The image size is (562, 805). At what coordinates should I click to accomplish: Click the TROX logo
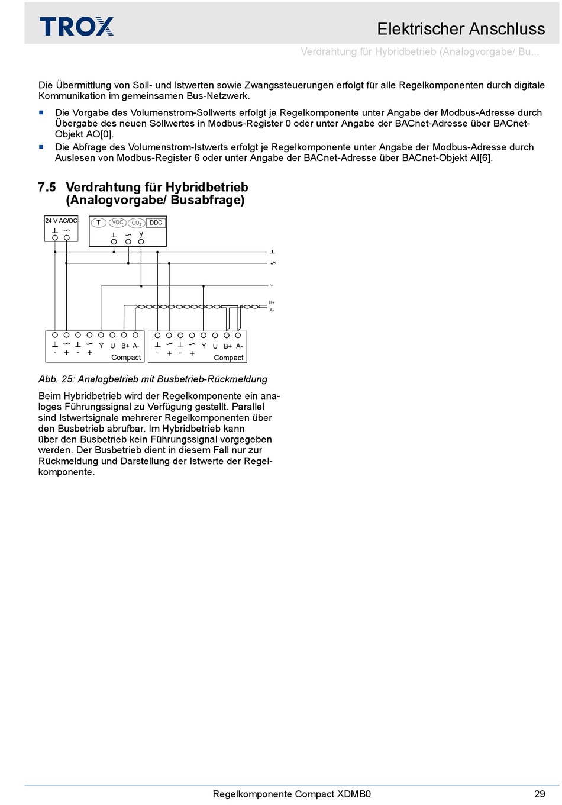[76, 26]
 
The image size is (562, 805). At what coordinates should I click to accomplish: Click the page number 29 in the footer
[540, 794]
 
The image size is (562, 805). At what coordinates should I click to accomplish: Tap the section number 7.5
[47, 187]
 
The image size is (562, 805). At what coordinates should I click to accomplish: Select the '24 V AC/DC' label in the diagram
[61, 221]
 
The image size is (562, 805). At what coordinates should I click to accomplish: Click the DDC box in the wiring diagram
[156, 223]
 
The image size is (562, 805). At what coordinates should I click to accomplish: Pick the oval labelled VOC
[117, 223]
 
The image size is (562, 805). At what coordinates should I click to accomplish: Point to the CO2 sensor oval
[137, 223]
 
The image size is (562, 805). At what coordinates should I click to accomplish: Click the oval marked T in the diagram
[98, 223]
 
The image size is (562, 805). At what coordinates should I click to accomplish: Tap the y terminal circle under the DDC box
[141, 242]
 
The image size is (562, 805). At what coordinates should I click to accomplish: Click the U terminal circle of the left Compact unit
[112, 335]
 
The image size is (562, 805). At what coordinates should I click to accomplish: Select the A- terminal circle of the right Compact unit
[238, 335]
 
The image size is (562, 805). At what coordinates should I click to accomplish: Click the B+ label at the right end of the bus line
[272, 302]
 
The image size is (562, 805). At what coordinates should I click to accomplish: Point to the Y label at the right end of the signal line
[272, 286]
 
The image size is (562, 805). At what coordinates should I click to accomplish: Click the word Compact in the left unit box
[126, 358]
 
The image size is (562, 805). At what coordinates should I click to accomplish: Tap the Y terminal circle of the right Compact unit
[204, 335]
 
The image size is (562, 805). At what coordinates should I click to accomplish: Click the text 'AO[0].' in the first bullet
[100, 134]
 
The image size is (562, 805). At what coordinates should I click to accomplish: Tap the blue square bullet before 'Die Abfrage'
[41, 147]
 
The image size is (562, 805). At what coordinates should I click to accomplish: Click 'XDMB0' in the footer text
[354, 794]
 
